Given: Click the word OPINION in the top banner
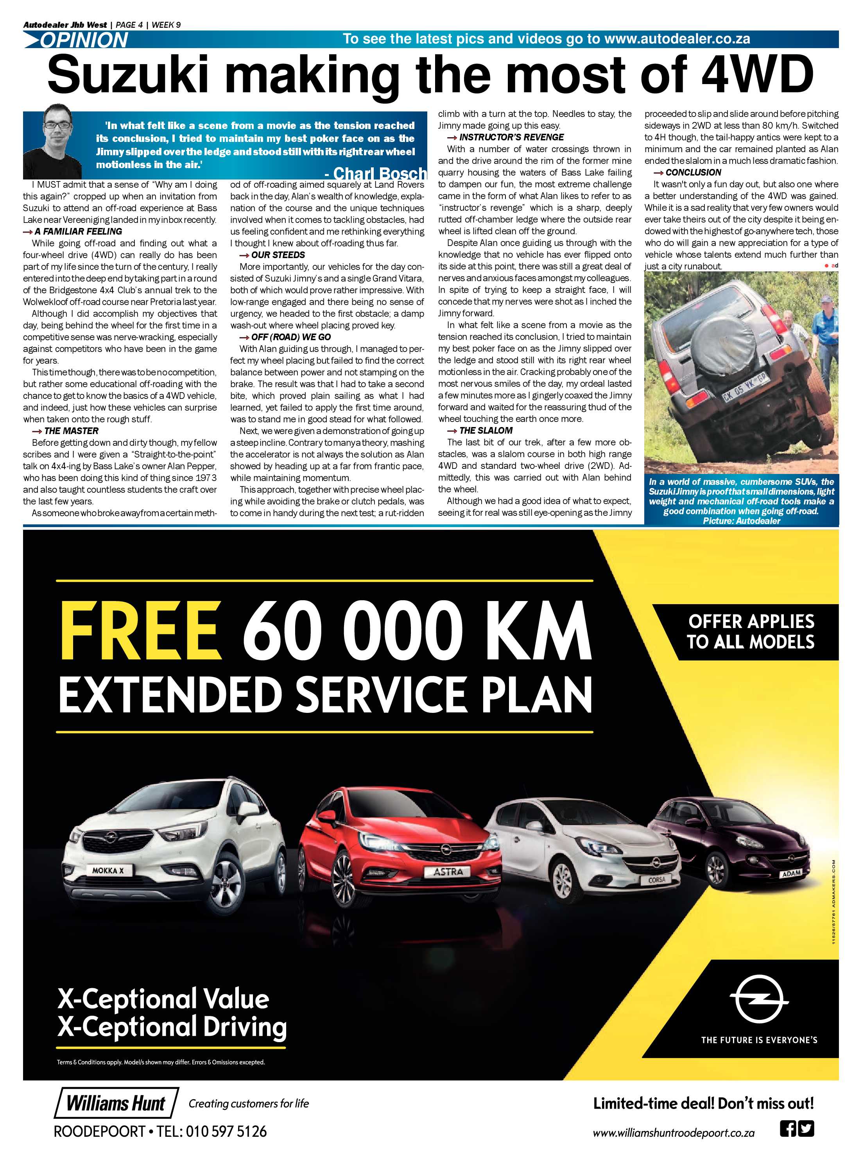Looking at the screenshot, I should (84, 39).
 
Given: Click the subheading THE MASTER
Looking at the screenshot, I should (71, 431).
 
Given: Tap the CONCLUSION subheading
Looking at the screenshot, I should (693, 172).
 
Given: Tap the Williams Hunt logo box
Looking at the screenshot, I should (116, 1103).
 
